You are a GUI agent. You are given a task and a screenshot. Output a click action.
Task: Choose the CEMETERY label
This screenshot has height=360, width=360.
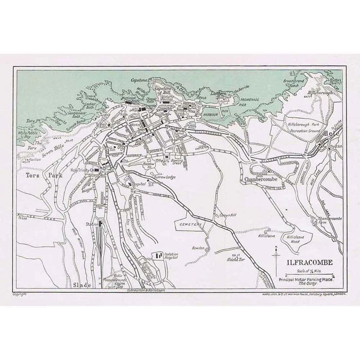coord(192,223)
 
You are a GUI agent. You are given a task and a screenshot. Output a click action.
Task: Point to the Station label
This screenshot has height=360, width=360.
coord(91,224)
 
